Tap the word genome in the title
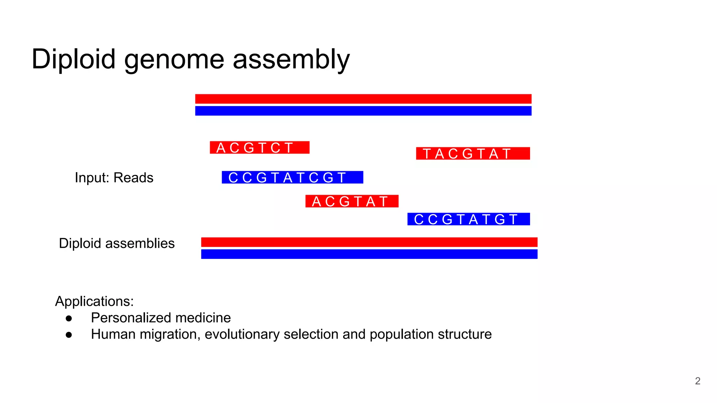(174, 59)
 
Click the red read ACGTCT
(259, 148)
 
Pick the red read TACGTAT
(473, 154)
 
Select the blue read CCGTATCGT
(292, 177)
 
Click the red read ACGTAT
(352, 201)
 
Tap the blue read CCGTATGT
(468, 219)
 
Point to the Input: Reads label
(114, 178)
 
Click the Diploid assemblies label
(117, 243)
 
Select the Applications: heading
(95, 301)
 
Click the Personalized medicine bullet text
(161, 318)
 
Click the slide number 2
(697, 381)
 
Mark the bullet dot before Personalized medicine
(69, 318)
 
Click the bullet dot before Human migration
(69, 335)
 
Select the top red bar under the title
(363, 99)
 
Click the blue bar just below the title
(363, 111)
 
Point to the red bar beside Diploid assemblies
(369, 242)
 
